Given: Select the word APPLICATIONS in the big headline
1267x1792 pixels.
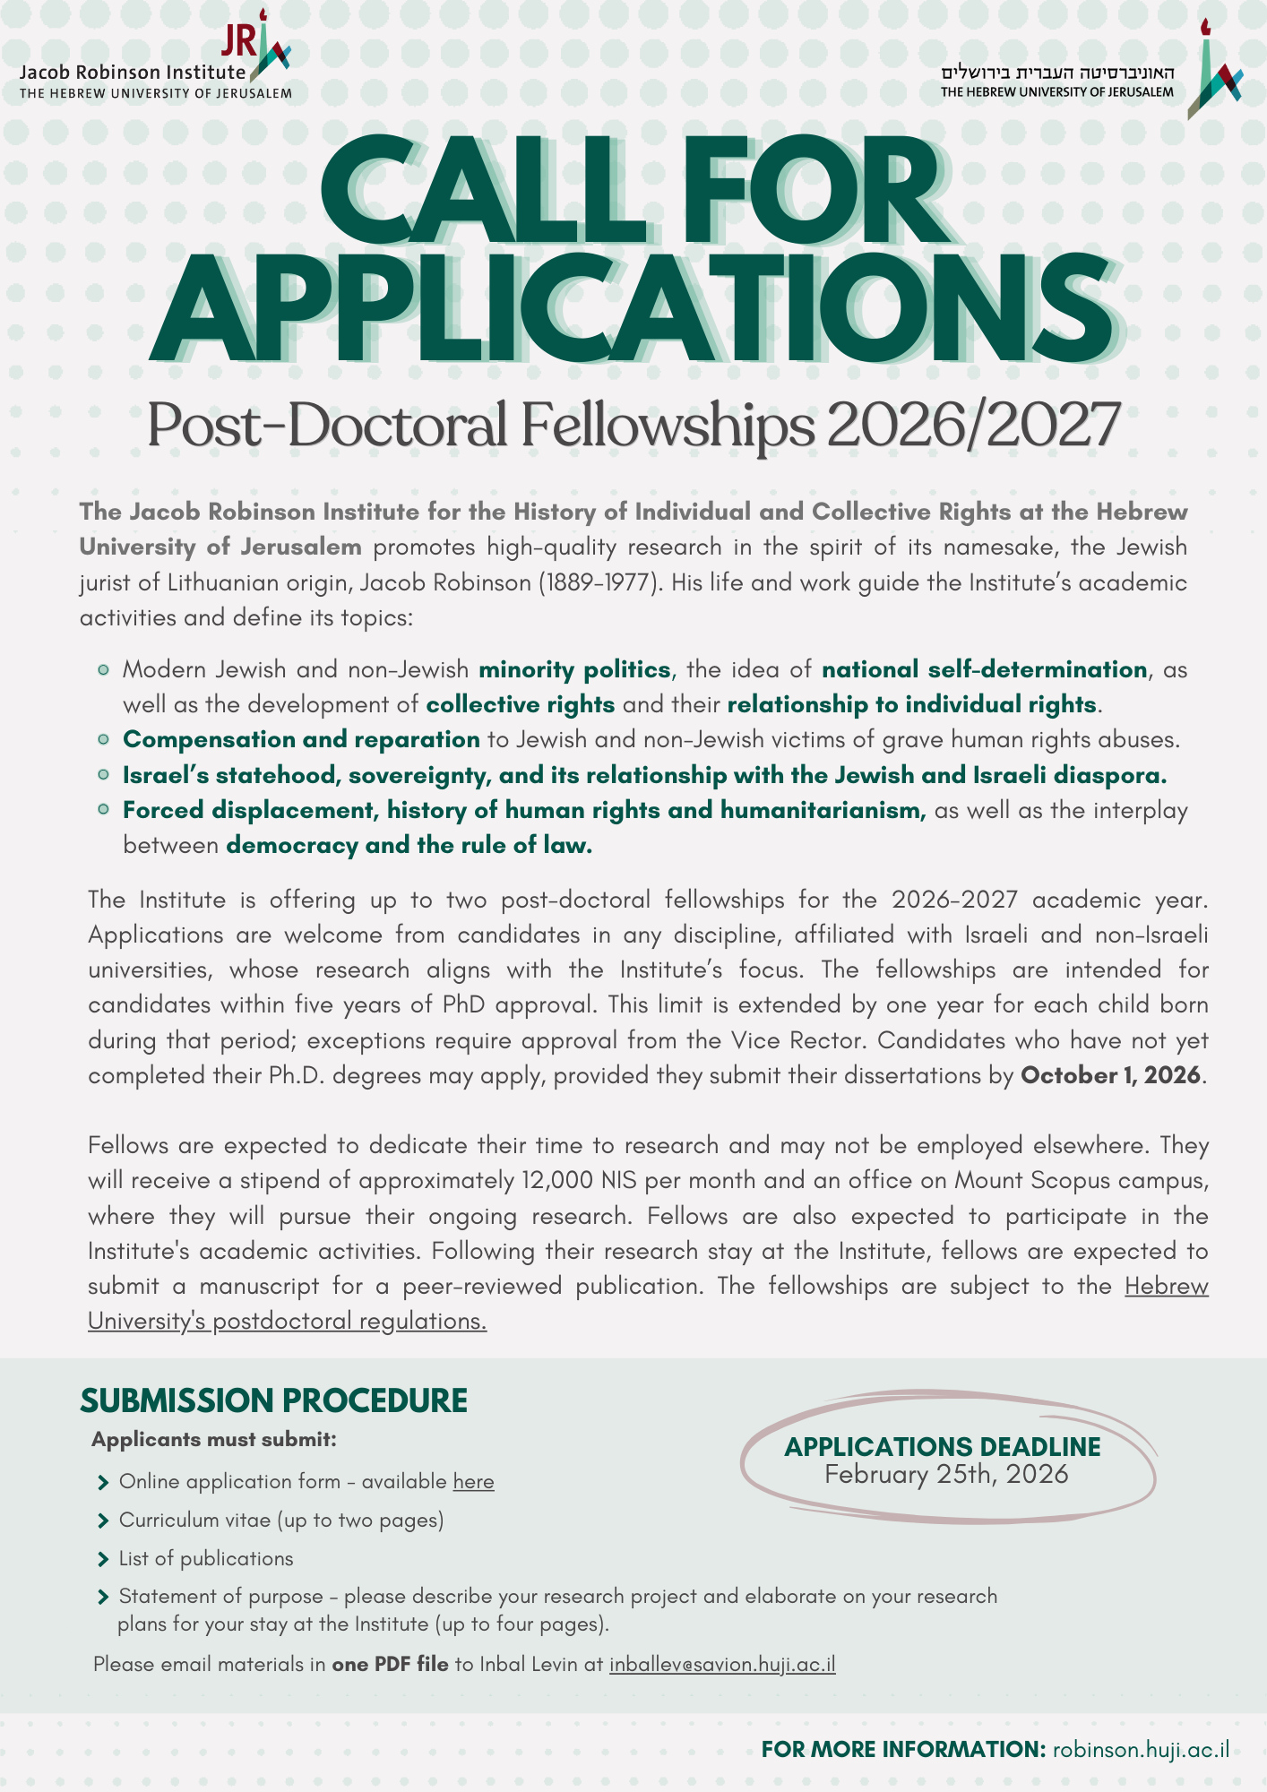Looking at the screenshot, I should coord(633,307).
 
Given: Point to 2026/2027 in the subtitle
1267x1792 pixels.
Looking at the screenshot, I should coord(973,425).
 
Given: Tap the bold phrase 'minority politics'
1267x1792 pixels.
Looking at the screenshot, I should coord(574,669).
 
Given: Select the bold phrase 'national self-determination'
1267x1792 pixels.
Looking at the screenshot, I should coord(984,669).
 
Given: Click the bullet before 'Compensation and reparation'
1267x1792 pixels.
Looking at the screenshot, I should coord(104,739).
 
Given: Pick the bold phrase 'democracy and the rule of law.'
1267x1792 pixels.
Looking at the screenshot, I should coord(409,845).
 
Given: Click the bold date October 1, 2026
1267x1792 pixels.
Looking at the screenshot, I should coord(1110,1074).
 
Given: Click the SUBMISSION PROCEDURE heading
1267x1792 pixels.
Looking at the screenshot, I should coord(273,1400).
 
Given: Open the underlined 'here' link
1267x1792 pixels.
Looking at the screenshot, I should coord(473,1481).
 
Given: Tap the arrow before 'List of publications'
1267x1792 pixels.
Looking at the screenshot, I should coord(103,1559).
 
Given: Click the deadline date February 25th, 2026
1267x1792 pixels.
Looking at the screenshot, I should coord(946,1475).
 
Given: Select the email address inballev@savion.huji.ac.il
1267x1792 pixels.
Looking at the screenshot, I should coord(722,1664).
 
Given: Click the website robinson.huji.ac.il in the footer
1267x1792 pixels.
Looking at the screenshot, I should coord(1141,1748).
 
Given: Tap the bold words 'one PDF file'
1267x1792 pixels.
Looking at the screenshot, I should coord(390,1664).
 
